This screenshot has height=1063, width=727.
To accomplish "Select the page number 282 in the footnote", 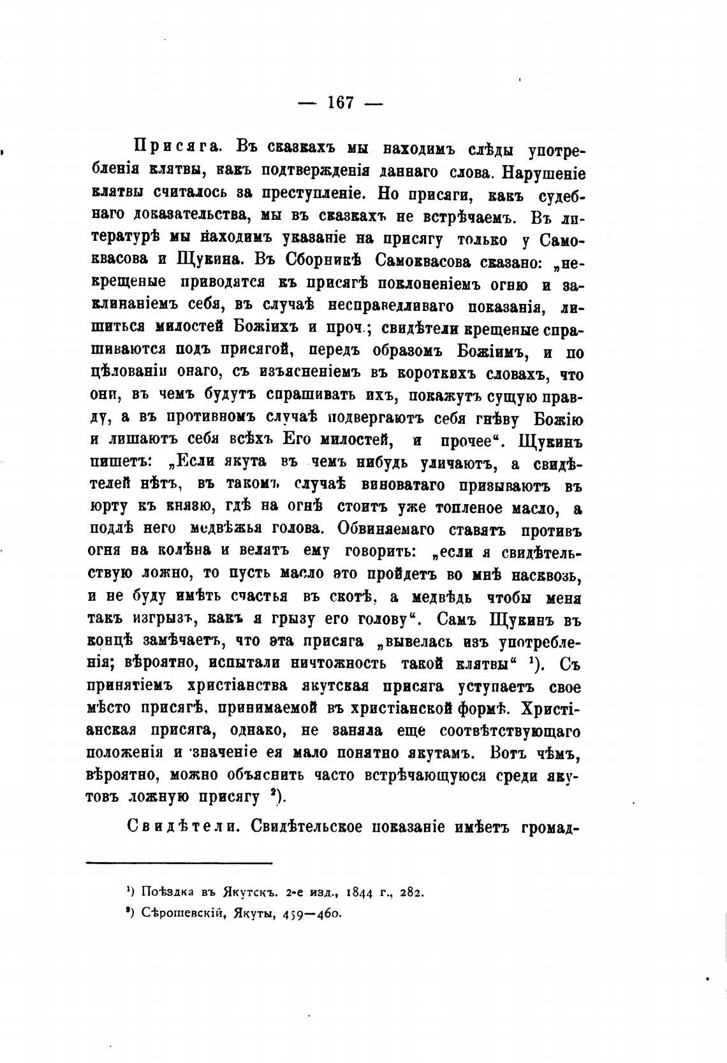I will coord(412,892).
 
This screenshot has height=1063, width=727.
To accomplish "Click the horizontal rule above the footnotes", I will coord(179,863).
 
